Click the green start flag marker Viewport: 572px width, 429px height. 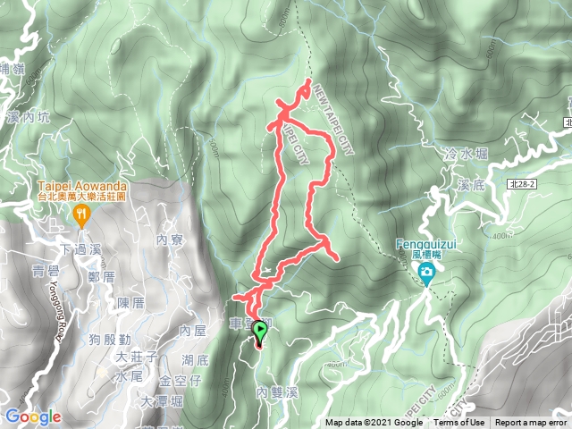[260, 332]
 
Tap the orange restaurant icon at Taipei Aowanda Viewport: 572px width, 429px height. [82, 213]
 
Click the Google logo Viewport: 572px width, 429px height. [32, 416]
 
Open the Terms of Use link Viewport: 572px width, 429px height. [459, 423]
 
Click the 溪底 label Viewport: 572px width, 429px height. [469, 187]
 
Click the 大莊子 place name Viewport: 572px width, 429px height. [138, 358]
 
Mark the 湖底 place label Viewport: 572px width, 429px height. [194, 360]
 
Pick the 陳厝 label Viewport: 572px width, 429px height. [130, 303]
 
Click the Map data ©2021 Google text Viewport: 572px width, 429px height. [374, 423]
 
